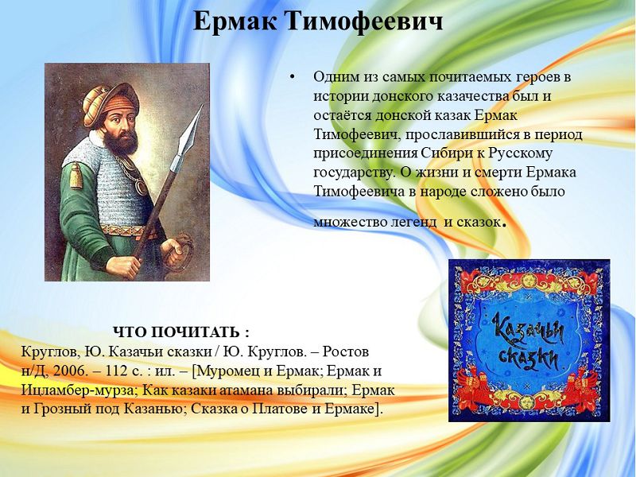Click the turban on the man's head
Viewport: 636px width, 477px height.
(x=110, y=103)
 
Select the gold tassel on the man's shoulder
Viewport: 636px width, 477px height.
(x=76, y=175)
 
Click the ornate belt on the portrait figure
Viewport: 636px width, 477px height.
(x=126, y=231)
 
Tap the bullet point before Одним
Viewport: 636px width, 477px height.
(x=293, y=77)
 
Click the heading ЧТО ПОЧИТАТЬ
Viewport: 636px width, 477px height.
(x=181, y=332)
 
